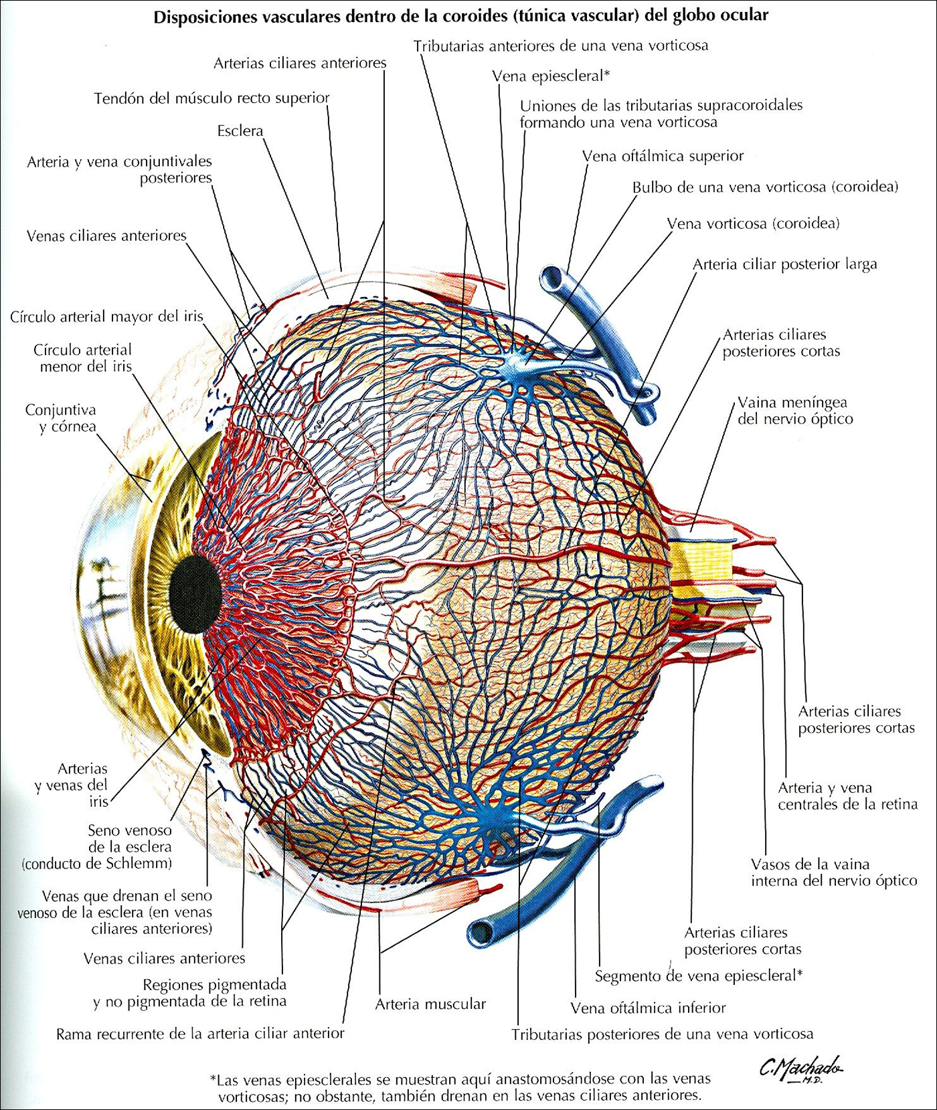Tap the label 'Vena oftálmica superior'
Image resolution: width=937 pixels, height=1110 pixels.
coord(663,157)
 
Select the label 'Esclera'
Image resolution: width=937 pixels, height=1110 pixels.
coord(240,131)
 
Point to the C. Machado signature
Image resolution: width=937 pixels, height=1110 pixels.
coord(800,1069)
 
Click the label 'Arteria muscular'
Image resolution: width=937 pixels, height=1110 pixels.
coord(430,1004)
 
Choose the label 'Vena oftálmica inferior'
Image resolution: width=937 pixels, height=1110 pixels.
coord(648,1008)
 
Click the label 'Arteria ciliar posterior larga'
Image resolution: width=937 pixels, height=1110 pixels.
coord(784,264)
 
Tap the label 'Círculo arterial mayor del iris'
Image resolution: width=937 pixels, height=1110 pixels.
coord(106,316)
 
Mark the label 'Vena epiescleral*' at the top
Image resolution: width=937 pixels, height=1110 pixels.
coord(550,76)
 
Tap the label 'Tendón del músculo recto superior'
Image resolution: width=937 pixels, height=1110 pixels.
coord(211,98)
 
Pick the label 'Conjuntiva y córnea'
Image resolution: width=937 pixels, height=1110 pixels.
coord(61,418)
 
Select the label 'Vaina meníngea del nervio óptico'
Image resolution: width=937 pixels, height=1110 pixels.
coord(794,411)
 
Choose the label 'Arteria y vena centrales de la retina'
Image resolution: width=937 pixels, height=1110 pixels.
coord(847,796)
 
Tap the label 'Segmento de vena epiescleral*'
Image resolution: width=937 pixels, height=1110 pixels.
coord(698,976)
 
